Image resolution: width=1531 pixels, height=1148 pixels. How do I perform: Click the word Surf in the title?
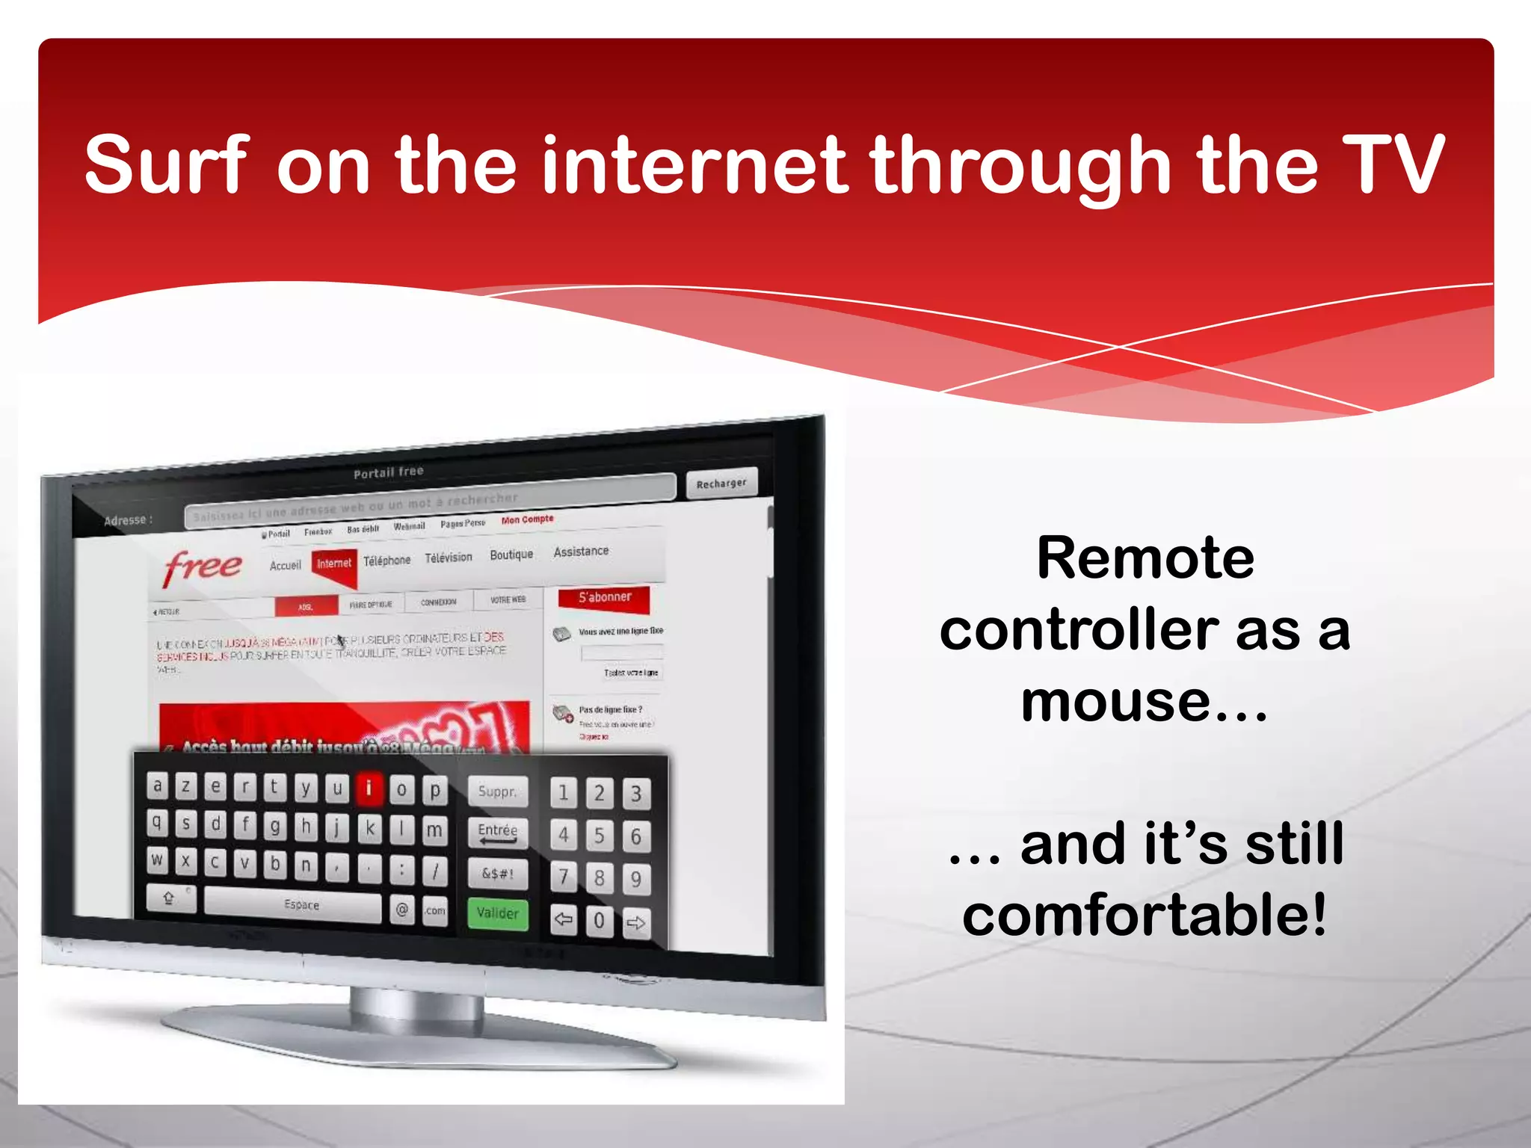tap(166, 165)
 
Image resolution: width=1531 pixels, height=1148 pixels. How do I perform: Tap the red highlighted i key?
tap(369, 789)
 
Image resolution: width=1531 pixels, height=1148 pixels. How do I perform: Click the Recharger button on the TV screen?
tap(721, 483)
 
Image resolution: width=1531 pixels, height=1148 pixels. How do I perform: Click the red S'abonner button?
tap(604, 597)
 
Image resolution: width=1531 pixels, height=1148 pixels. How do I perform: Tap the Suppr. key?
tap(497, 791)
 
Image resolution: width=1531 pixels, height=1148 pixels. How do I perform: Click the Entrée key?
tap(497, 832)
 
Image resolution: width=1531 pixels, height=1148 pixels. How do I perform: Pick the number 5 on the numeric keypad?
tap(600, 836)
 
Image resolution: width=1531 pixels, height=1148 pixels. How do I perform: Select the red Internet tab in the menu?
tap(333, 563)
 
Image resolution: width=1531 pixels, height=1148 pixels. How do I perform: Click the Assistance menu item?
tap(581, 552)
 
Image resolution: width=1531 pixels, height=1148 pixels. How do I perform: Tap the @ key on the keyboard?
tap(402, 910)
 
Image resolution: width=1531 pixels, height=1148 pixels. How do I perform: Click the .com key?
tap(434, 910)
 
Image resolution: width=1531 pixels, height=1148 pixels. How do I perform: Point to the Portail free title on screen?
tap(389, 472)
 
